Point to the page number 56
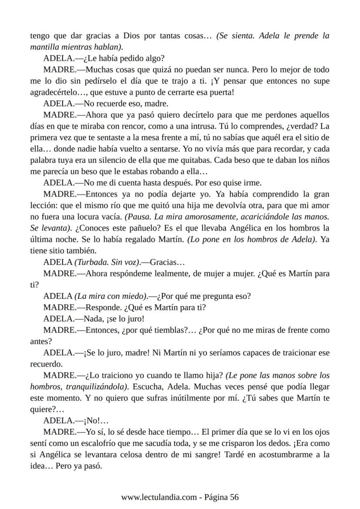[x=234, y=497]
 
